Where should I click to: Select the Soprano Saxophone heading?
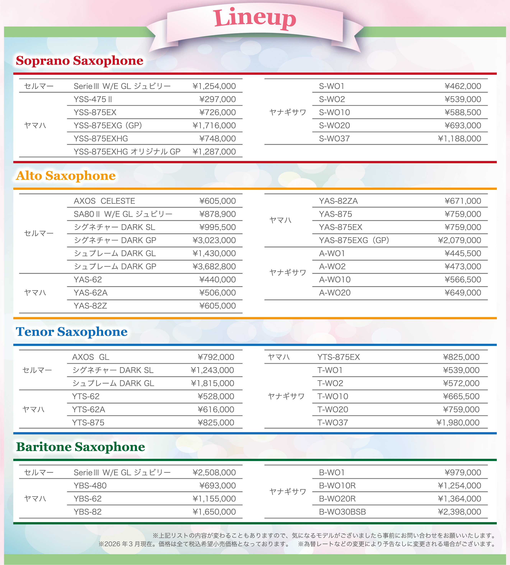tap(80, 61)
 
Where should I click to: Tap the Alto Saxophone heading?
tap(66, 176)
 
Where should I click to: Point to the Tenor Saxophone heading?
tap(72, 332)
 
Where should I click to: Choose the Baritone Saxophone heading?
tap(81, 447)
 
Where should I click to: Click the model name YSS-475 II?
tap(93, 99)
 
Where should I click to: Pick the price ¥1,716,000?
tap(214, 125)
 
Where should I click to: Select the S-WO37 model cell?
tap(334, 139)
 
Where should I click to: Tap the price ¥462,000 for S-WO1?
tap(463, 86)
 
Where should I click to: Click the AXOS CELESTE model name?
tap(104, 201)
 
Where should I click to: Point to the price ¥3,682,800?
tap(214, 266)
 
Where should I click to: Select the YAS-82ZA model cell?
tap(338, 201)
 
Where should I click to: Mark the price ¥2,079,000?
tap(459, 240)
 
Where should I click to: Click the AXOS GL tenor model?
tap(90, 357)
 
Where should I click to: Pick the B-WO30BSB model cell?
tap(342, 512)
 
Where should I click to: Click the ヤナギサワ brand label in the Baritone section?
tap(288, 492)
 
